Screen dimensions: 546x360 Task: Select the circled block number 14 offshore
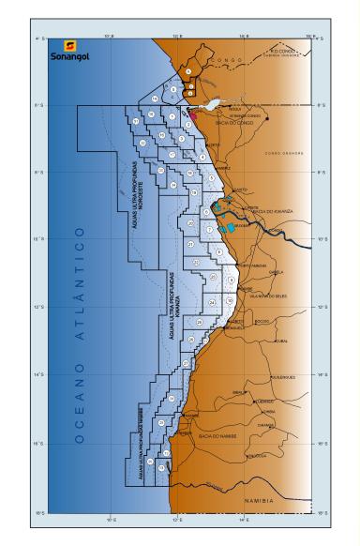pos(154,99)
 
